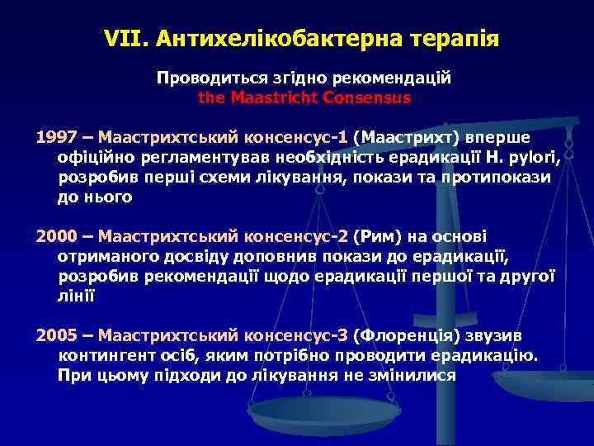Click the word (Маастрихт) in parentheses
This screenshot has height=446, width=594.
406,136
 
